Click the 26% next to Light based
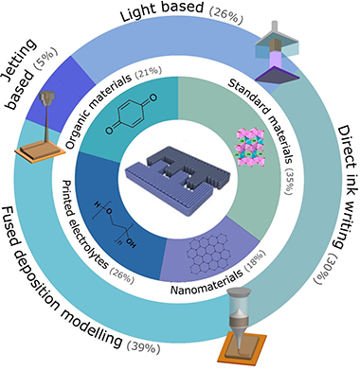pyautogui.click(x=226, y=15)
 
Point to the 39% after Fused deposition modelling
pyautogui.click(x=144, y=346)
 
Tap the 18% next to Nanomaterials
pyautogui.click(x=256, y=261)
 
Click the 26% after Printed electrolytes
pyautogui.click(x=122, y=274)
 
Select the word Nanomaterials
pyautogui.click(x=207, y=281)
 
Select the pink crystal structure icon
pyautogui.click(x=249, y=148)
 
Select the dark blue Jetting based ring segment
pyautogui.click(x=61, y=95)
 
